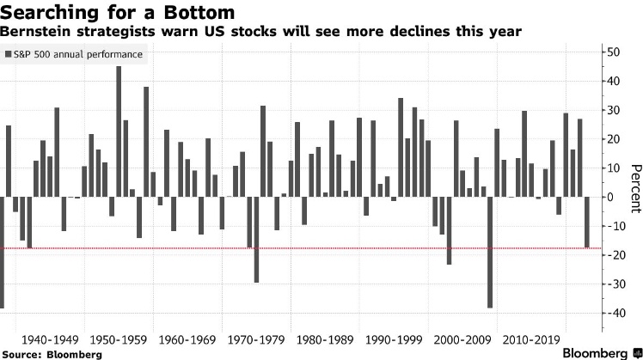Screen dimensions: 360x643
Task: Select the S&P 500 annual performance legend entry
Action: (74, 54)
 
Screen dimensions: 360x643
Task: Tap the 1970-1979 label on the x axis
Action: (257, 339)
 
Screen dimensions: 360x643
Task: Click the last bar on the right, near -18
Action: (587, 223)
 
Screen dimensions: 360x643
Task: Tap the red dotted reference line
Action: (344, 248)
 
